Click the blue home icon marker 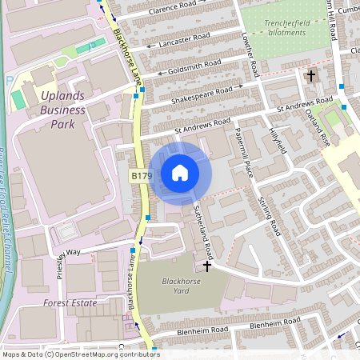pyautogui.click(x=180, y=173)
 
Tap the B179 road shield pyautogui.click(x=141, y=175)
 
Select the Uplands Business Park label pyautogui.click(x=62, y=110)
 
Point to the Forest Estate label pyautogui.click(x=70, y=303)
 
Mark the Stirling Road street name pyautogui.click(x=269, y=211)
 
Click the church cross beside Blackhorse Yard pyautogui.click(x=208, y=265)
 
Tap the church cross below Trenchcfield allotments pyautogui.click(x=311, y=76)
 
